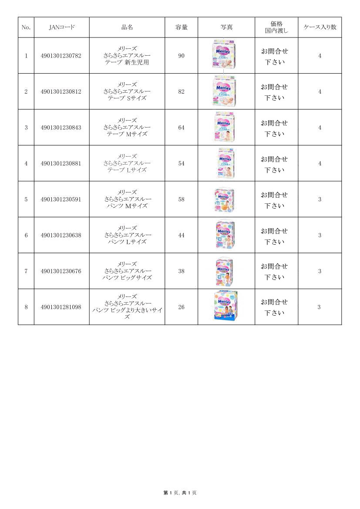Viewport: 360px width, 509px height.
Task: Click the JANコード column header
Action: (x=61, y=27)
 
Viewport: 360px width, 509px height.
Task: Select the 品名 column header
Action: (x=127, y=27)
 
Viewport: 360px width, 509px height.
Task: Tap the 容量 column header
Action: (x=182, y=27)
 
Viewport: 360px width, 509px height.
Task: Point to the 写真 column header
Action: (x=226, y=27)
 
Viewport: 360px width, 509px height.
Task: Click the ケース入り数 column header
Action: (x=320, y=27)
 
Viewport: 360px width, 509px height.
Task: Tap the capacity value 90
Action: (x=182, y=56)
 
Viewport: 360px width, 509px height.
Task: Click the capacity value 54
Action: (x=182, y=163)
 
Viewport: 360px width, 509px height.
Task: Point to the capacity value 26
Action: (x=182, y=307)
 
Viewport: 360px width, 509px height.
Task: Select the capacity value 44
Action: (x=182, y=235)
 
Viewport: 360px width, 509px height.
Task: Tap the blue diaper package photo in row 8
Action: (x=226, y=306)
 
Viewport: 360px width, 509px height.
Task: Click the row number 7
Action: (x=26, y=271)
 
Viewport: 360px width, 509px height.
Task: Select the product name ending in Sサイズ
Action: (x=127, y=91)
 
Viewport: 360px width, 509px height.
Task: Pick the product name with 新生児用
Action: (x=127, y=56)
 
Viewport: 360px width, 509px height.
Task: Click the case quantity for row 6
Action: (x=320, y=235)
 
